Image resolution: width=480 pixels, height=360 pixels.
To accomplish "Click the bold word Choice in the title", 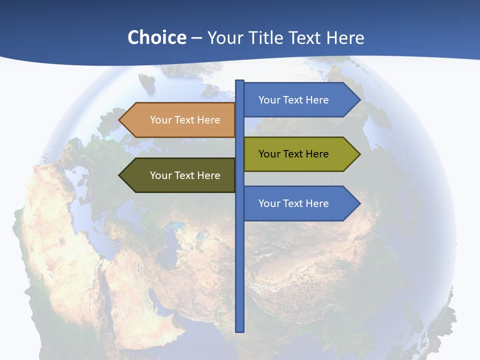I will (x=156, y=37).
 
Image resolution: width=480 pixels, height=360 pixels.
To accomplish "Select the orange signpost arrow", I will (x=177, y=120).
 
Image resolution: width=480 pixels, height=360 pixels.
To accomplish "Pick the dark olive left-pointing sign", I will (x=177, y=175).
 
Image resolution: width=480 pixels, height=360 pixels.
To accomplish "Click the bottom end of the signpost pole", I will (x=240, y=330).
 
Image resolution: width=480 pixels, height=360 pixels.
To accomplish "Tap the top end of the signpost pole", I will (x=240, y=81).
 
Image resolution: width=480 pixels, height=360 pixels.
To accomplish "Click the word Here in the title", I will (x=345, y=37).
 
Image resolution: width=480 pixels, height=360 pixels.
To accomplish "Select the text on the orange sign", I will (x=185, y=120).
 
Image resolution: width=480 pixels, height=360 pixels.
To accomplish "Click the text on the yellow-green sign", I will (x=293, y=154).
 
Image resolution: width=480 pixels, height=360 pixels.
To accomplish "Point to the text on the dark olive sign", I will (x=185, y=175).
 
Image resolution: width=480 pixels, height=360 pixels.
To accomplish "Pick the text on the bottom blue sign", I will (x=293, y=203).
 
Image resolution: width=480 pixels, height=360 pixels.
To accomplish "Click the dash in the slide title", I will (x=196, y=38).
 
